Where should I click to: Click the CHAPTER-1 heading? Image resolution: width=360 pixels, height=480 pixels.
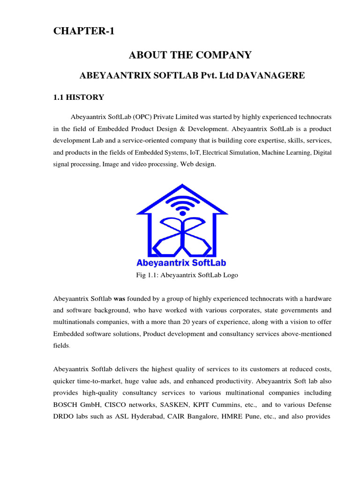tap(83, 31)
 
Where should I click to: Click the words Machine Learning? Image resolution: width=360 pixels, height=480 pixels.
tap(286, 153)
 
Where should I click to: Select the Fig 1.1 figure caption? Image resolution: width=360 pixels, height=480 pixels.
tap(187, 275)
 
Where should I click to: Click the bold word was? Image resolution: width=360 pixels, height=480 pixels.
tap(120, 299)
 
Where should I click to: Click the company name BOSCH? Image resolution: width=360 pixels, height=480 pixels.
tap(65, 404)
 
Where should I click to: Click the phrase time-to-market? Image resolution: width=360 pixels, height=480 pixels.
tap(99, 380)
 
